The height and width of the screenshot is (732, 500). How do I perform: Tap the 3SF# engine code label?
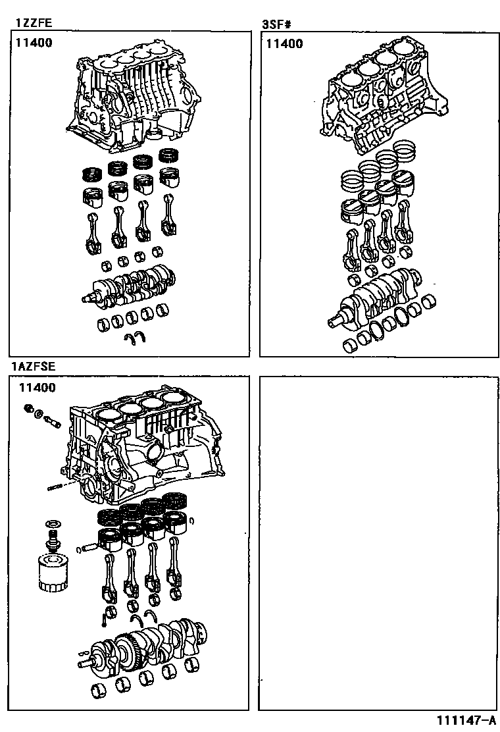pyautogui.click(x=276, y=25)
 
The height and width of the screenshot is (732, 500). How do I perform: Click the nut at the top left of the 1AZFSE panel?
pyautogui.click(x=29, y=409)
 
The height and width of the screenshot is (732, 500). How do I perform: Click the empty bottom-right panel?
pyautogui.click(x=378, y=543)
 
